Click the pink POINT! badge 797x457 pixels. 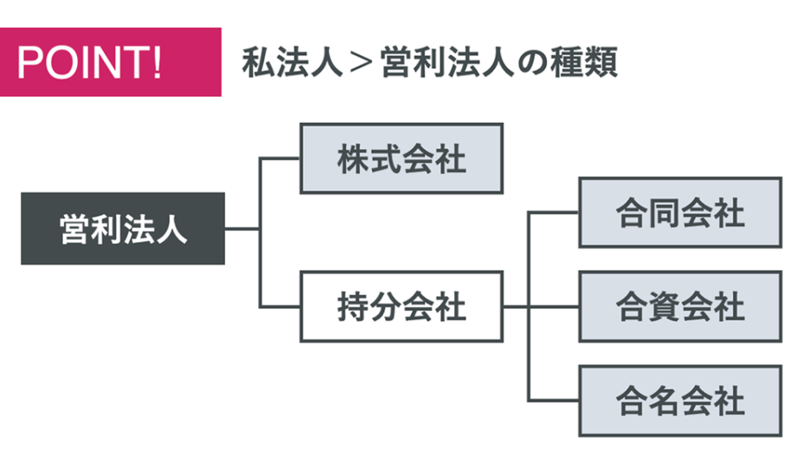[111, 61]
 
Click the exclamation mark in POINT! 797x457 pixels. [155, 62]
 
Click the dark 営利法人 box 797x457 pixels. [123, 229]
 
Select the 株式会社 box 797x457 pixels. [402, 158]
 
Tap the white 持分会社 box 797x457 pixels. [402, 306]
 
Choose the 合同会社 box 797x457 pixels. [680, 213]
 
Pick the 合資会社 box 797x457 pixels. [680, 306]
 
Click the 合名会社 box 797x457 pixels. [680, 400]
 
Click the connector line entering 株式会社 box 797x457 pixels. [280, 158]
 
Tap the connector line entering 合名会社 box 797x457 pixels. [554, 400]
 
